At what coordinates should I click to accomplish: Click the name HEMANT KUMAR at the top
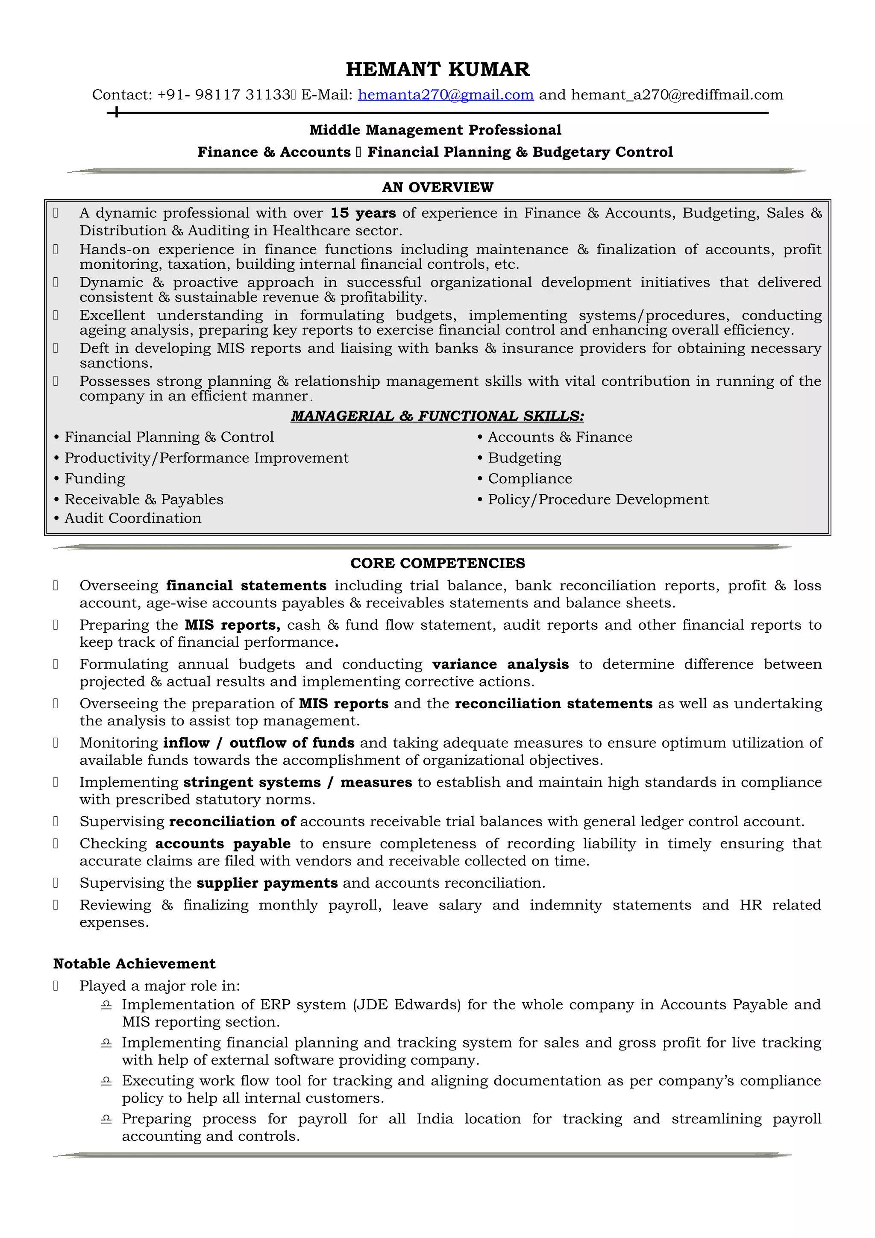(x=437, y=69)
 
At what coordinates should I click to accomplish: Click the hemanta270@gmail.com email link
(x=445, y=95)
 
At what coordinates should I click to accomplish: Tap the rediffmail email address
(x=677, y=95)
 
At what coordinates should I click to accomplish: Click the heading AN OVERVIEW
(x=437, y=187)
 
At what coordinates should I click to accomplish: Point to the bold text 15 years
(x=363, y=213)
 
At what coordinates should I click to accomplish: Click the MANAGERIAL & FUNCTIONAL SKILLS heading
(x=437, y=416)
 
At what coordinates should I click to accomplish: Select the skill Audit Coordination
(x=132, y=518)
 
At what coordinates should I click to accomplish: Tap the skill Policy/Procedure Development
(x=597, y=499)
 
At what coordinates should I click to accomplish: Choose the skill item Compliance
(x=529, y=479)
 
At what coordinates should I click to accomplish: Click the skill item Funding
(x=94, y=479)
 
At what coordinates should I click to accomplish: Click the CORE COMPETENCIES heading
(x=437, y=563)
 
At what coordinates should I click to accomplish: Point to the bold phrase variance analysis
(x=500, y=664)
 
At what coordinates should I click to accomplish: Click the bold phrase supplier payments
(x=267, y=883)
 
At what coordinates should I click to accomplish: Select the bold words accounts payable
(x=223, y=844)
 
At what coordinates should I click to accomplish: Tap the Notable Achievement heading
(x=134, y=964)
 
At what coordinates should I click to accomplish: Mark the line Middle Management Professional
(x=435, y=130)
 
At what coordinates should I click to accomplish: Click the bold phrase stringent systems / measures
(x=298, y=782)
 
